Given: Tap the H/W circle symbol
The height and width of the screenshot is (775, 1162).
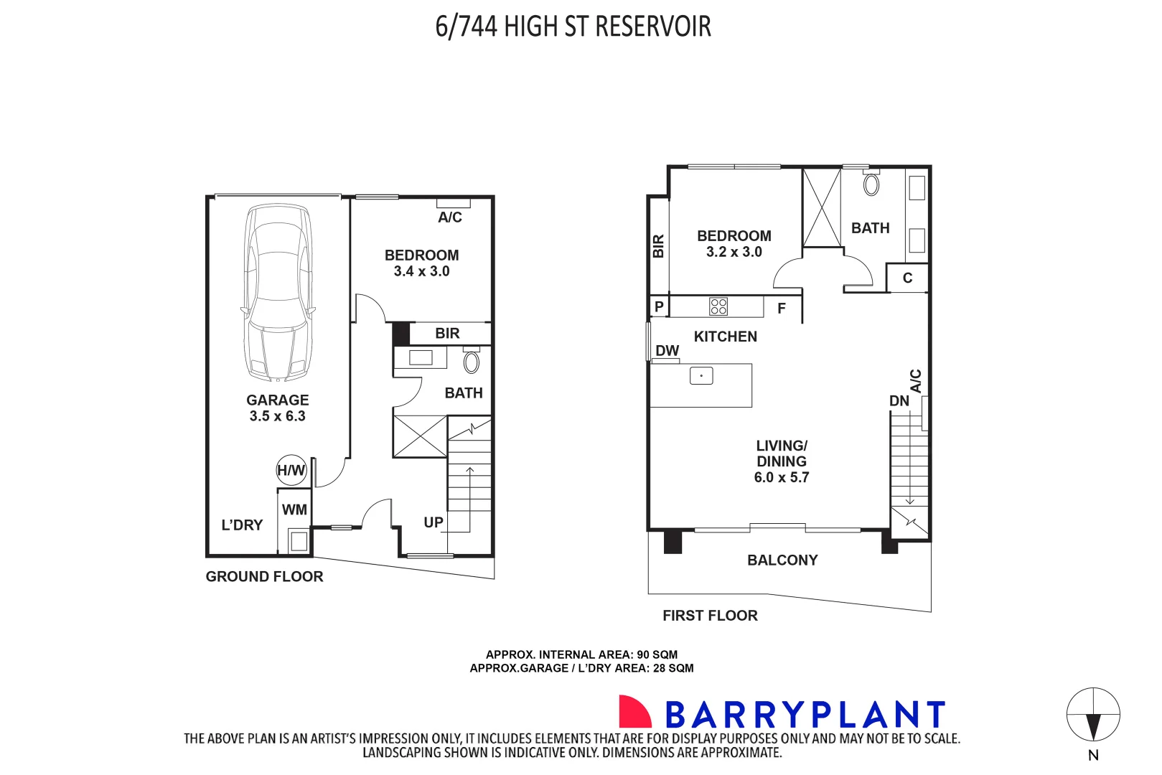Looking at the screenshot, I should tap(291, 471).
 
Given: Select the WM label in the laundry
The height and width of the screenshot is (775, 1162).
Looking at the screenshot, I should tap(294, 510).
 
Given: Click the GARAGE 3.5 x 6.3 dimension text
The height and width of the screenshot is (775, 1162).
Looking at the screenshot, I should tap(278, 416).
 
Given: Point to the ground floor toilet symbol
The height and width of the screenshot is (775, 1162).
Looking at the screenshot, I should tap(471, 361).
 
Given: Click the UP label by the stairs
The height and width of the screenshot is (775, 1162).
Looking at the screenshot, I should tap(434, 522).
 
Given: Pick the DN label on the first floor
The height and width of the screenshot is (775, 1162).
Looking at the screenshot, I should tap(899, 401).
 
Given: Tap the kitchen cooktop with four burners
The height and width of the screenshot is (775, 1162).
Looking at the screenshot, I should tap(718, 306).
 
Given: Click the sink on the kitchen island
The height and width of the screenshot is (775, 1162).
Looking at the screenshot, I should tap(701, 375).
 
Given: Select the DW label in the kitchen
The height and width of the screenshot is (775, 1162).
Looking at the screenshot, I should tap(667, 351).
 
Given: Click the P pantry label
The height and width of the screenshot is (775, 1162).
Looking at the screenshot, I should tap(659, 306).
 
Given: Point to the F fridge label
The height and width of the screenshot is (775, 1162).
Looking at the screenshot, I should tap(782, 309).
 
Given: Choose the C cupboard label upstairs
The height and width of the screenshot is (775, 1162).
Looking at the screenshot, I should tap(907, 278).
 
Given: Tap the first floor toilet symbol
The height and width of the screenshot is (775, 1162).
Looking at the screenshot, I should tap(871, 184).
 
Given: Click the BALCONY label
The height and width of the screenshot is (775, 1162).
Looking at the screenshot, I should tap(782, 560).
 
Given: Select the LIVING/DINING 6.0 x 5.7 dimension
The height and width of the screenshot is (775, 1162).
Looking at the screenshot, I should tap(782, 478).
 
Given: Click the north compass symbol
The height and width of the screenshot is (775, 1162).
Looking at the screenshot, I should tap(1093, 715).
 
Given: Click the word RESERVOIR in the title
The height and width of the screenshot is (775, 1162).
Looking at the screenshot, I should tap(653, 27).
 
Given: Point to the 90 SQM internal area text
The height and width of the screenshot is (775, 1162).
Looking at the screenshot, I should tap(657, 654).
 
